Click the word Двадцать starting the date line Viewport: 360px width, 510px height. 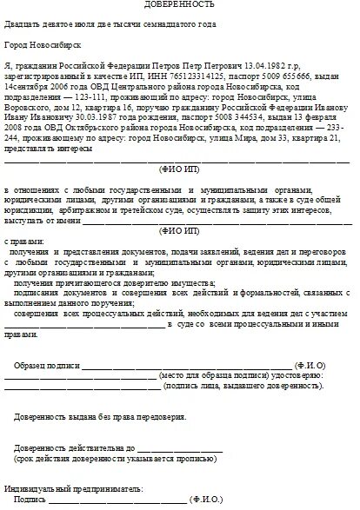[x=24, y=24]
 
